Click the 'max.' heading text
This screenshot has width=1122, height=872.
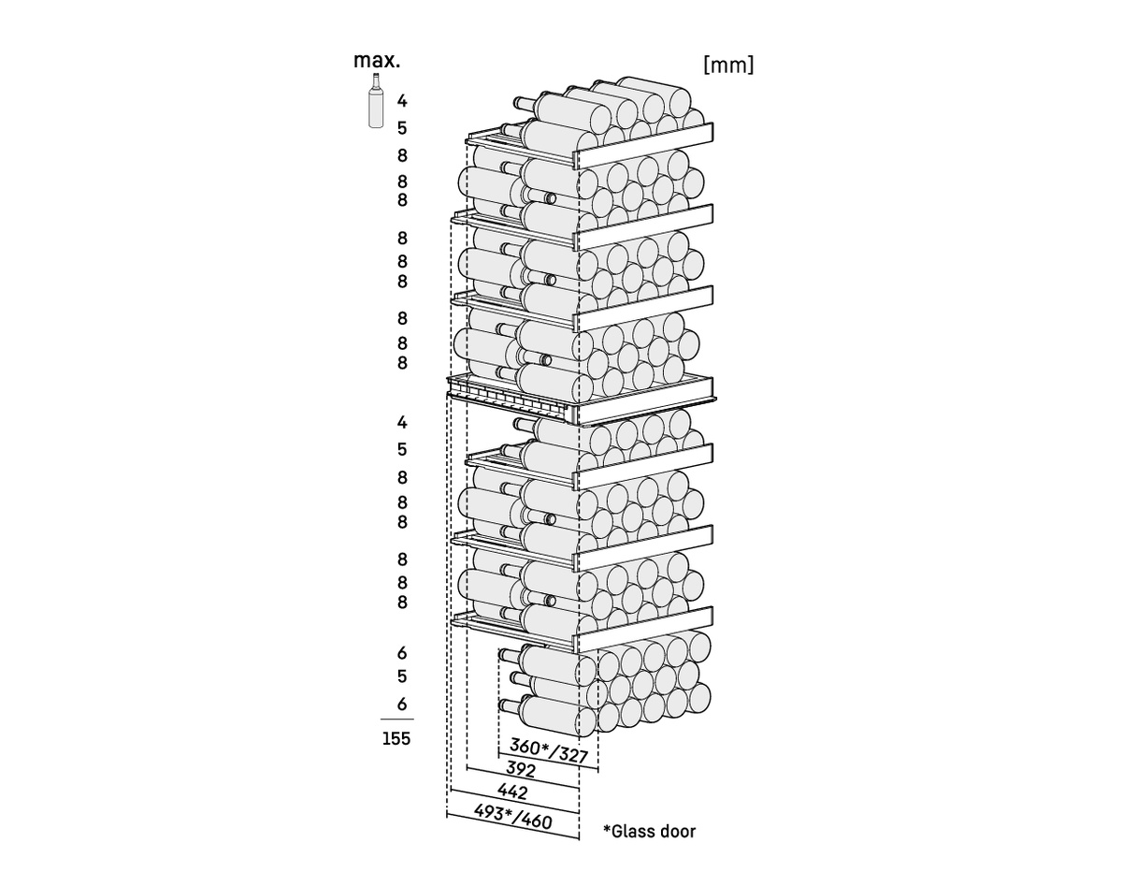377,61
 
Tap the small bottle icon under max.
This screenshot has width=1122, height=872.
374,106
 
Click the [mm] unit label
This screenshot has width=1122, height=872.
727,65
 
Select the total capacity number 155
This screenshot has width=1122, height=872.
396,739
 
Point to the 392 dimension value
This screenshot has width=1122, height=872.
520,770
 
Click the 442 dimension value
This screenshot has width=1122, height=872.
512,792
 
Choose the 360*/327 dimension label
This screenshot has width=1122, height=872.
548,749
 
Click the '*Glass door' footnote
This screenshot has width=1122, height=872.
650,831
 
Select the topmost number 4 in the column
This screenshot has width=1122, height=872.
402,100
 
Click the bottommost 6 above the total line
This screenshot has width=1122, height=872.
402,704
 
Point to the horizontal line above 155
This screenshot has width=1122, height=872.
396,719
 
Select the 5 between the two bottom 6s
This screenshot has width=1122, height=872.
402,676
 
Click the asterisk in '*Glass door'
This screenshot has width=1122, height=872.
607,829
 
